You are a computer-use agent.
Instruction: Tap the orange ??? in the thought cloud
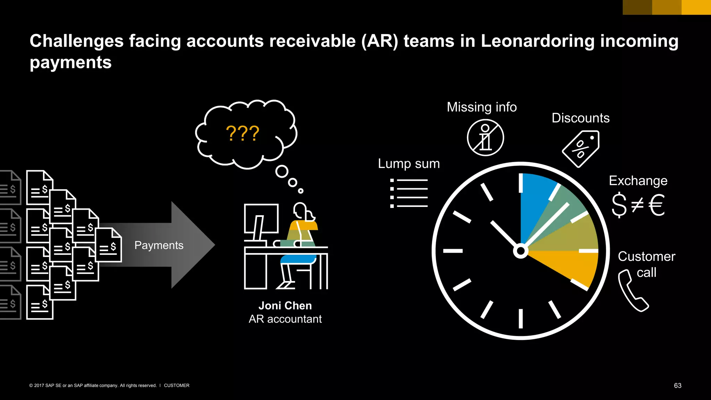point(242,133)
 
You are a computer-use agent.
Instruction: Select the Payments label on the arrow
point(159,245)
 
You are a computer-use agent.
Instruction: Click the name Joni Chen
point(285,306)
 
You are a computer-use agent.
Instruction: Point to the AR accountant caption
point(285,319)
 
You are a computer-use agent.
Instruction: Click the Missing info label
point(482,107)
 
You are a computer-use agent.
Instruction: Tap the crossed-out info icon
point(485,137)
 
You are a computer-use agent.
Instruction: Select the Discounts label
point(580,118)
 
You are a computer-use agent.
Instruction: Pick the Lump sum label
point(409,164)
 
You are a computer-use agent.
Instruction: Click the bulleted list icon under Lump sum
point(409,193)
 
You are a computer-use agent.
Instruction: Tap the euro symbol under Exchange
point(656,205)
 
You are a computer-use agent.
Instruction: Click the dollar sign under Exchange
point(619,205)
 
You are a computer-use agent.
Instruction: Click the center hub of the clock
point(520,251)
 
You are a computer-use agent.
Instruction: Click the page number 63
point(677,386)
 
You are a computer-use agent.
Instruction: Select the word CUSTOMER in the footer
point(176,385)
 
